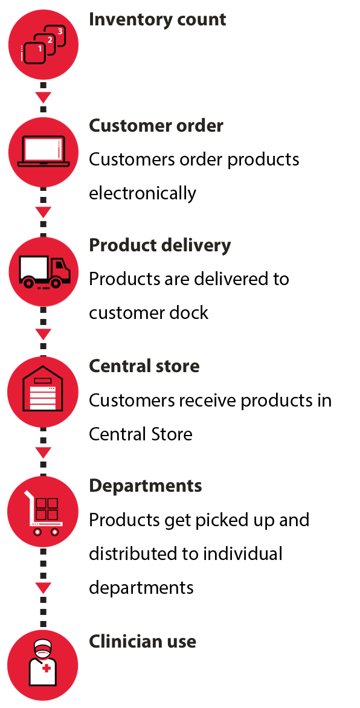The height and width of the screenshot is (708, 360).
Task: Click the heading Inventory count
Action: pyautogui.click(x=157, y=20)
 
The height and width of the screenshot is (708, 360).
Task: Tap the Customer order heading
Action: pyautogui.click(x=156, y=126)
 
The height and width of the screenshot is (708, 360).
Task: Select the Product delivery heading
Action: pyautogui.click(x=160, y=246)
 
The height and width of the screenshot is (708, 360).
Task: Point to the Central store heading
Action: pyautogui.click(x=144, y=365)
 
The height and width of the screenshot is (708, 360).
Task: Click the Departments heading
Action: pyautogui.click(x=146, y=486)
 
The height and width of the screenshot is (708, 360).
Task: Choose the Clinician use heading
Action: pyautogui.click(x=143, y=641)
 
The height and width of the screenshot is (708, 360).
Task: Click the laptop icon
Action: pyautogui.click(x=43, y=151)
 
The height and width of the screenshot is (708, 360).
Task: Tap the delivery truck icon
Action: pyautogui.click(x=44, y=272)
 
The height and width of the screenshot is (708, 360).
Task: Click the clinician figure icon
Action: pyautogui.click(x=43, y=663)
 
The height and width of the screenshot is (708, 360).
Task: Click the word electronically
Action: pyautogui.click(x=143, y=193)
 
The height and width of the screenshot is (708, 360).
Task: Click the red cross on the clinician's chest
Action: pyautogui.click(x=46, y=668)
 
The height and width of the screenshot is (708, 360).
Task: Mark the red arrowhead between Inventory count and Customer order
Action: pyautogui.click(x=43, y=97)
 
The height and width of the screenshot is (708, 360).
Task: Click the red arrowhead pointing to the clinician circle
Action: pyautogui.click(x=43, y=588)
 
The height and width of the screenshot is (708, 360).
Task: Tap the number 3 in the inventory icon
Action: pyautogui.click(x=60, y=31)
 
